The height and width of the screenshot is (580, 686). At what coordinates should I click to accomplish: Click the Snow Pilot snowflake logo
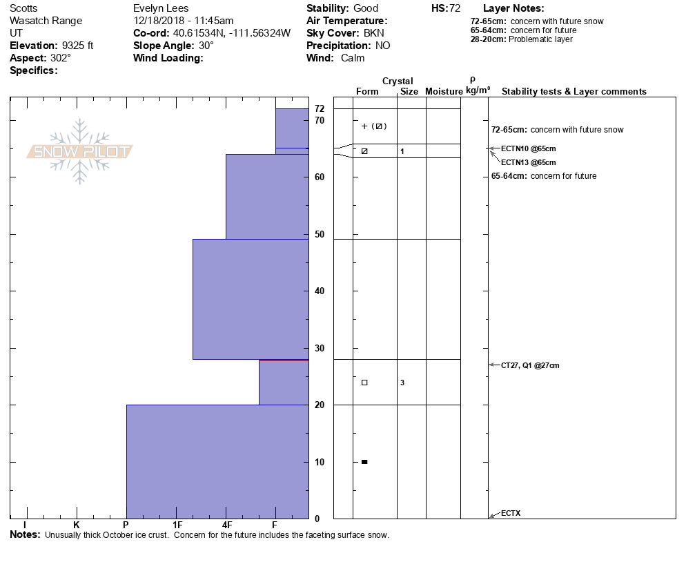tap(80, 151)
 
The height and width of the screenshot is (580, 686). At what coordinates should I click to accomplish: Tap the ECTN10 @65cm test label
tap(528, 148)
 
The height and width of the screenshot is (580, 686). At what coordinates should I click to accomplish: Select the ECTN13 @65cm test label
tap(528, 162)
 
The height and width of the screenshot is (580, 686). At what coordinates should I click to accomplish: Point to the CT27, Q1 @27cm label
tap(530, 365)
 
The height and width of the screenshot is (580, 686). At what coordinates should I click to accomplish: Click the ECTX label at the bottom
tap(511, 513)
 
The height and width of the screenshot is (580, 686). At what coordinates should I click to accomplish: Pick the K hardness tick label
tap(77, 525)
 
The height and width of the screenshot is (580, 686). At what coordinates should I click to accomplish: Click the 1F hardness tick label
tap(177, 525)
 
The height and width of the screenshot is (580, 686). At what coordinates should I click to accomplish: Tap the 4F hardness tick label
tap(226, 525)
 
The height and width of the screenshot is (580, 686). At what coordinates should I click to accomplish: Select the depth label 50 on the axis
tap(320, 235)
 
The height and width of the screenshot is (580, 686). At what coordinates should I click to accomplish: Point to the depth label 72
tap(320, 109)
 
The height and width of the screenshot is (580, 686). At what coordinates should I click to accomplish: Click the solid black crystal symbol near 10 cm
tap(364, 462)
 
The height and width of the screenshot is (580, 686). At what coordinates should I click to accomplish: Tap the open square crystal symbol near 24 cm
tap(364, 383)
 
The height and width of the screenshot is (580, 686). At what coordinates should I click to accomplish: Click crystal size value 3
tap(402, 383)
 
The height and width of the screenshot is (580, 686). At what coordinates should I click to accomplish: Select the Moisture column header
tap(444, 92)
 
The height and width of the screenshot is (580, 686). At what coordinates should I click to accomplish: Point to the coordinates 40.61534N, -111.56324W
tap(231, 33)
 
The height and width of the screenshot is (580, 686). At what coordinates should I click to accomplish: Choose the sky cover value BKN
tap(375, 33)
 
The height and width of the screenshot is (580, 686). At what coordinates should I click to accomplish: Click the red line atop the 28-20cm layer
tap(283, 360)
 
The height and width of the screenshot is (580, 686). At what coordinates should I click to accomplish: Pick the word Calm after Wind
tap(353, 58)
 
